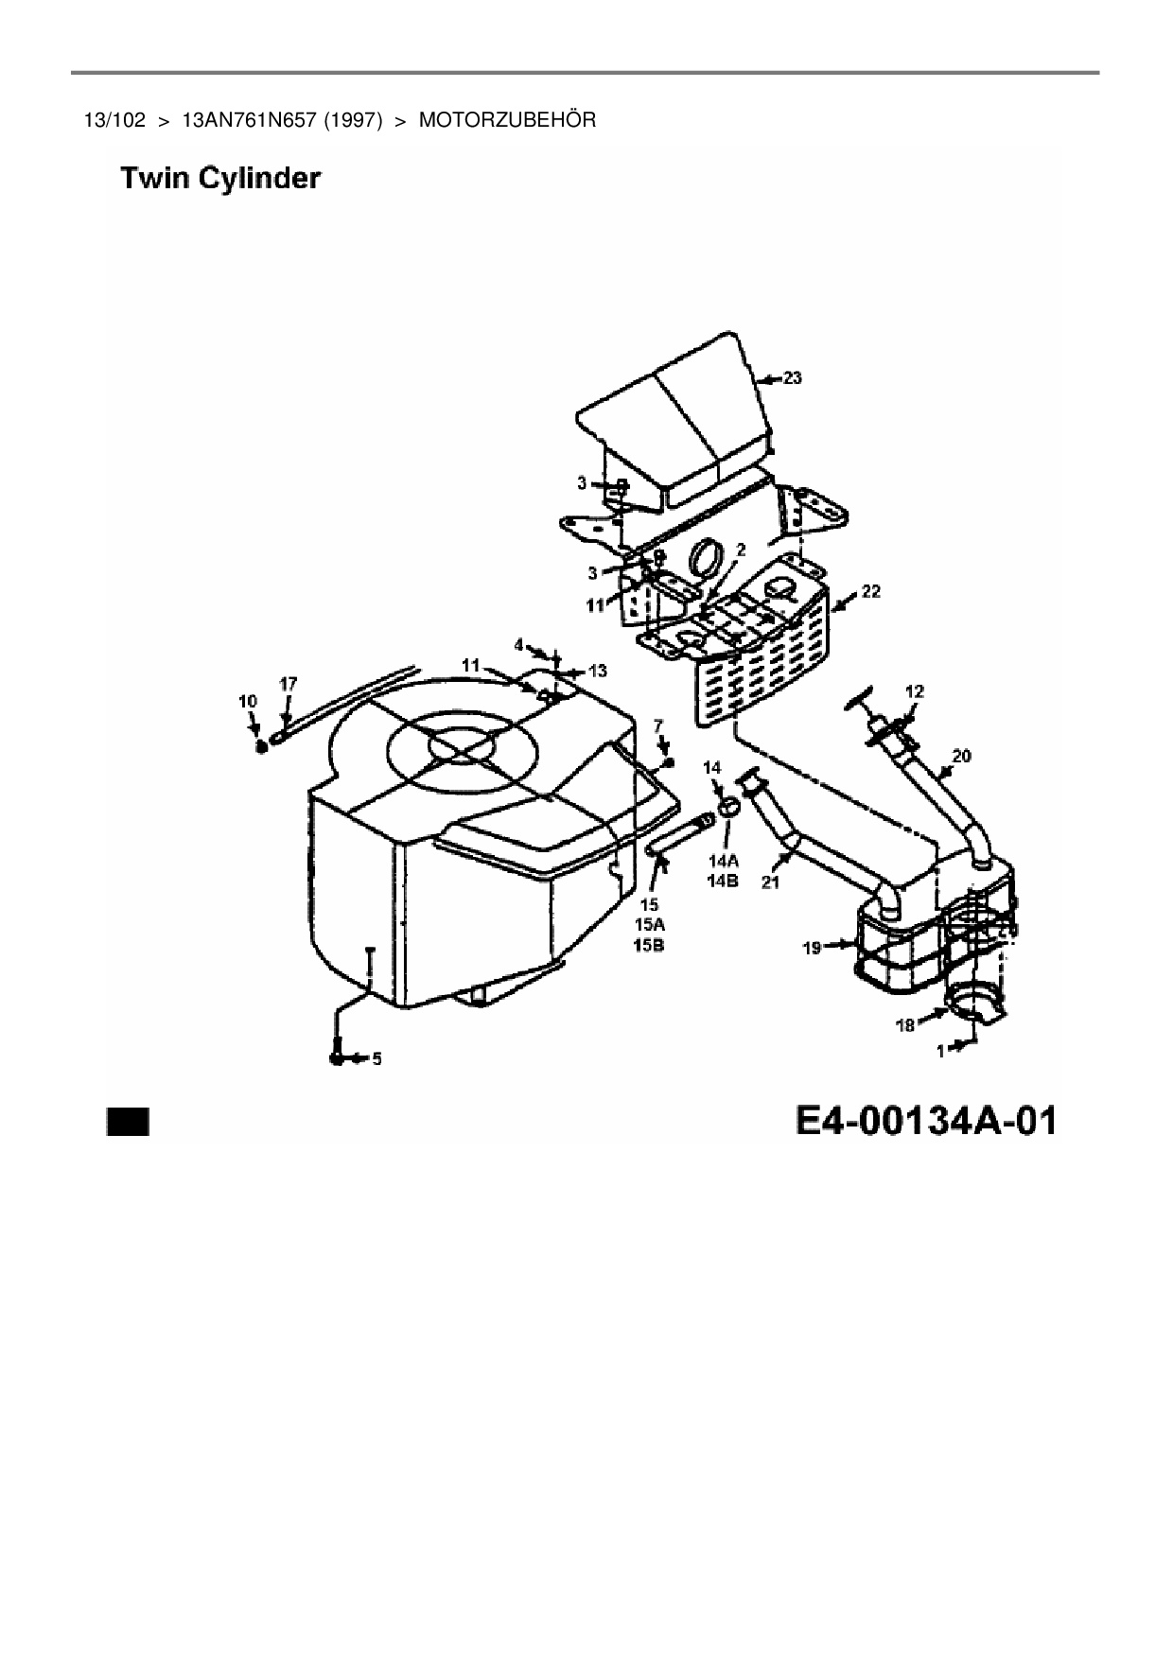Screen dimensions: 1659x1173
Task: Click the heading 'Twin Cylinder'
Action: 220,179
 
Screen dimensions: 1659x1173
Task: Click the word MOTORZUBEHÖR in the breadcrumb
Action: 507,120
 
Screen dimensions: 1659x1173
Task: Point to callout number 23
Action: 792,378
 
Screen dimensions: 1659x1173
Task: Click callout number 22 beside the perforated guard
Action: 870,591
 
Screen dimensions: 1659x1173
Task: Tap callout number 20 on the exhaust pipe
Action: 961,756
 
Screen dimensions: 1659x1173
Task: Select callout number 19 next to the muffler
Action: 813,946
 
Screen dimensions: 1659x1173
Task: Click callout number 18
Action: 905,1024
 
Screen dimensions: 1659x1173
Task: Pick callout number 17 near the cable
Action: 289,683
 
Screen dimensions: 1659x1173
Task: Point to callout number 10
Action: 248,701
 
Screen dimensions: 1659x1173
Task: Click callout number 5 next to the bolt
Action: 376,1059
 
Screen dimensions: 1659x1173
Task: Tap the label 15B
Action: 649,944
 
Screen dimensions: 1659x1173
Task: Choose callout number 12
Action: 914,691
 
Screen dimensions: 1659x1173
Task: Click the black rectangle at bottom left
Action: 128,1122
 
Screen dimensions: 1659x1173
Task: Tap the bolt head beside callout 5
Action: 338,1059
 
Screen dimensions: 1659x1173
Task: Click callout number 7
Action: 659,725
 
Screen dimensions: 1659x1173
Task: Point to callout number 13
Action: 598,671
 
